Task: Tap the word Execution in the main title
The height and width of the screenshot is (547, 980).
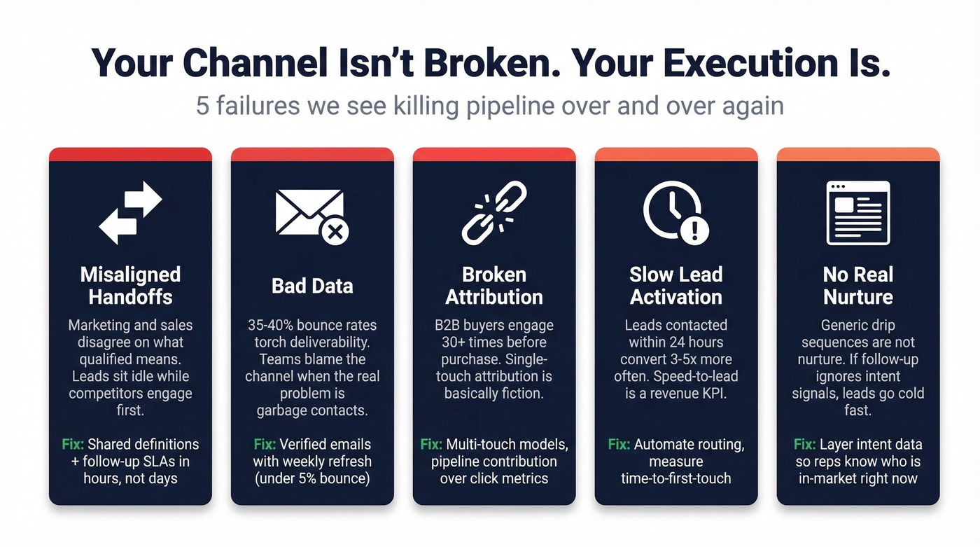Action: point(747,63)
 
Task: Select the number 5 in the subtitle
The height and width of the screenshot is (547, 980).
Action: point(202,106)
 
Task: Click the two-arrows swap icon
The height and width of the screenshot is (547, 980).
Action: point(130,212)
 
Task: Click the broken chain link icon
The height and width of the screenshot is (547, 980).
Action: point(494,212)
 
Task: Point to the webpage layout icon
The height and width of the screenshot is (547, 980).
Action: point(858,212)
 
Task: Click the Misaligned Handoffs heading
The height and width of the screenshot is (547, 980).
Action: point(130,286)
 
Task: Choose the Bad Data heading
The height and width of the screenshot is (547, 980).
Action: point(312,286)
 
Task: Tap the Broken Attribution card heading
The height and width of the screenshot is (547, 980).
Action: point(494,286)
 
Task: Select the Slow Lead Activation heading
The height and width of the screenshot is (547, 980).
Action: point(676,286)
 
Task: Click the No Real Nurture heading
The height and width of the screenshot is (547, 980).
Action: point(858,286)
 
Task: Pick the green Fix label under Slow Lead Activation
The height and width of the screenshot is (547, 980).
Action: point(619,444)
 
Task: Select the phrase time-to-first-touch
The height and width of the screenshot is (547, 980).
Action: point(676,478)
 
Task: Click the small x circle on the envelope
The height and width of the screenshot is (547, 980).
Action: point(335,231)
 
